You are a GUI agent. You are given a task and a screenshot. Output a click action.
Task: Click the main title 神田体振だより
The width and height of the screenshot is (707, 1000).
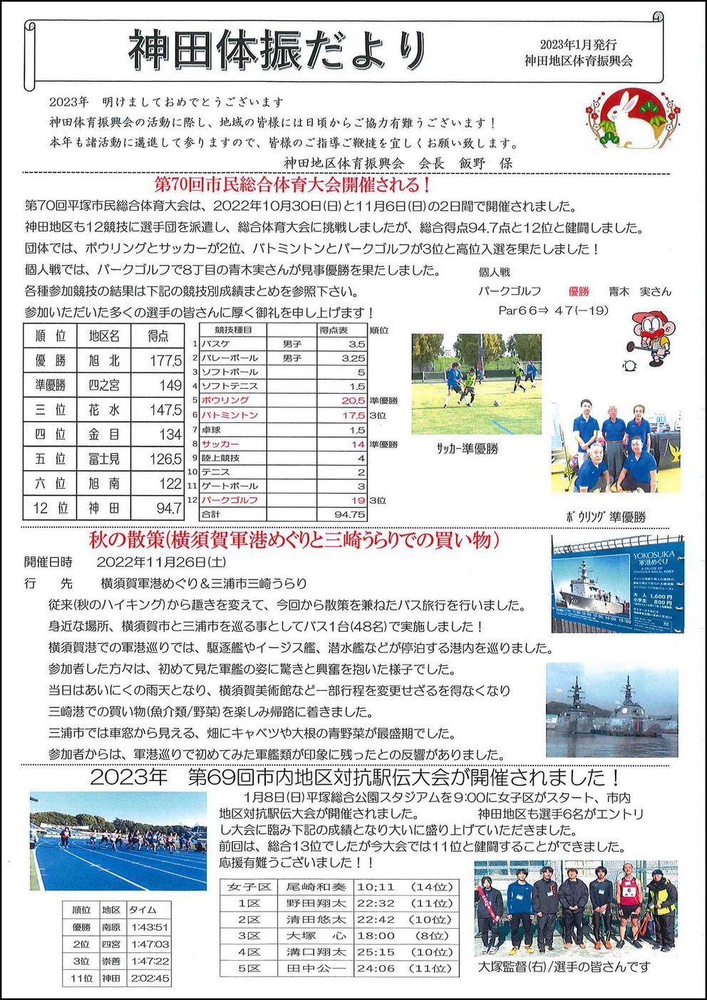[277, 51]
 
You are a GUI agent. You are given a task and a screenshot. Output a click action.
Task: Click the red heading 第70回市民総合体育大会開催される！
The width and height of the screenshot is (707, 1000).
[293, 185]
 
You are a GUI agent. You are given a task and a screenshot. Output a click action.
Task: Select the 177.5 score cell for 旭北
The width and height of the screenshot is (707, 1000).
[165, 361]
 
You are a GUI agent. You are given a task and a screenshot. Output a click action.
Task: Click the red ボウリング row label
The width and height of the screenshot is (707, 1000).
[225, 401]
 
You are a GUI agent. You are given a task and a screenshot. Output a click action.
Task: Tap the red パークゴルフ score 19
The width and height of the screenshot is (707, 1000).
[358, 500]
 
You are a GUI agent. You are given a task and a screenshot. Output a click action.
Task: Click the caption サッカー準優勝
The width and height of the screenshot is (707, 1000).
[467, 449]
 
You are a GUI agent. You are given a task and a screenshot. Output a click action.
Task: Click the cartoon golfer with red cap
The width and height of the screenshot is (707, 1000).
[649, 338]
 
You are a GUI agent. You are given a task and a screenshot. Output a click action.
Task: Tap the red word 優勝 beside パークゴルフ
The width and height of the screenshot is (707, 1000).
[578, 291]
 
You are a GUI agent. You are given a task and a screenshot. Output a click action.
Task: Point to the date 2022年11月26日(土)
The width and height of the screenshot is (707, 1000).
[161, 562]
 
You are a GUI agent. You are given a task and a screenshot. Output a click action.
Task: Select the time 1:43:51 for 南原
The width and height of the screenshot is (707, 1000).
[149, 927]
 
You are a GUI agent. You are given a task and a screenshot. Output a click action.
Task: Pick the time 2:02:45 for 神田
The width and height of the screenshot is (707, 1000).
[150, 979]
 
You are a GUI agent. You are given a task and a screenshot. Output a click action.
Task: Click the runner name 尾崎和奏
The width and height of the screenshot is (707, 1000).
[316, 887]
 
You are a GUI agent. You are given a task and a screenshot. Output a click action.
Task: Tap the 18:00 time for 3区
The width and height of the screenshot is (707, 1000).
[376, 936]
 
